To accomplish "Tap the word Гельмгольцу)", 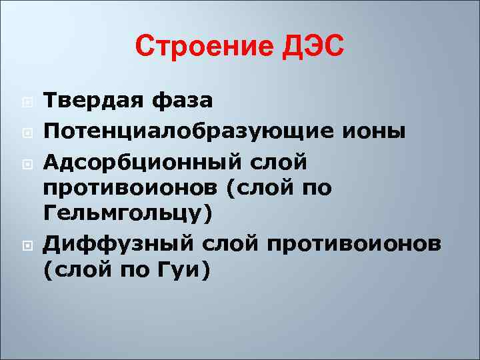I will (127, 215).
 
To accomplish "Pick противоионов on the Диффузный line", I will (357, 245).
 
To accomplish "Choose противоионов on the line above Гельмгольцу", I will (130, 189).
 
